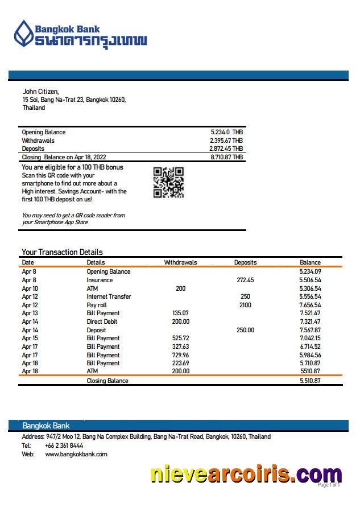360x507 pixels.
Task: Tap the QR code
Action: (168, 182)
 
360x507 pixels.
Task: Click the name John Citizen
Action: (40, 92)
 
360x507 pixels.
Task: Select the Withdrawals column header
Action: (180, 262)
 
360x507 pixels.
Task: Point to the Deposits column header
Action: (245, 262)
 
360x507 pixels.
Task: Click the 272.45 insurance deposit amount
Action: (245, 280)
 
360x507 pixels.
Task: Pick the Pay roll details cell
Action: (97, 305)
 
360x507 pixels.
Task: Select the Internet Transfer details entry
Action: (109, 296)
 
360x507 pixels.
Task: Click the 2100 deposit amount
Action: (245, 305)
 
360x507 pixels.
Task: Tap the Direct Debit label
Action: (102, 321)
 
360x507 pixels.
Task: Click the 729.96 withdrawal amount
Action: (180, 355)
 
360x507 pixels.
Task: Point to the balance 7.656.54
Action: (310, 305)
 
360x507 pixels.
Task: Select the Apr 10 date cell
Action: (30, 288)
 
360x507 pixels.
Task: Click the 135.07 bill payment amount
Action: (180, 313)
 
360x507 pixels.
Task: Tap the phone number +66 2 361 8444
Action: (64, 446)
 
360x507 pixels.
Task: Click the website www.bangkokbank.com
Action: (76, 454)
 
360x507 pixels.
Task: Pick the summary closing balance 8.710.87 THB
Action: (226, 157)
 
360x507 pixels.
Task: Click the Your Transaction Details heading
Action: (62, 252)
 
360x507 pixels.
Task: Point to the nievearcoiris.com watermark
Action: (246, 474)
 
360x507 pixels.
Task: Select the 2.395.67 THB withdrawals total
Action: (226, 141)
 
